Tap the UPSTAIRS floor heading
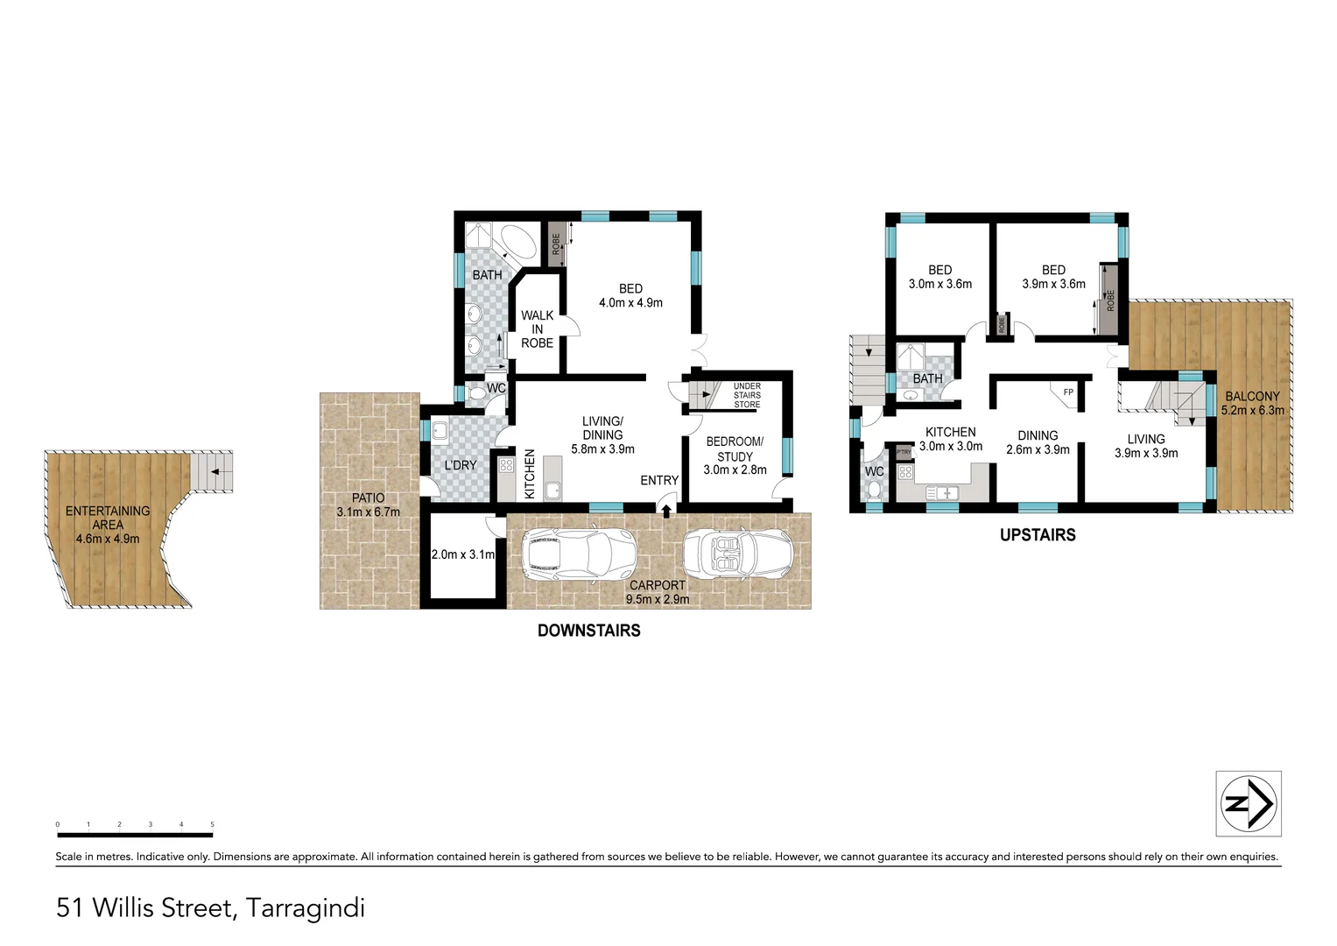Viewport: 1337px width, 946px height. click(1038, 534)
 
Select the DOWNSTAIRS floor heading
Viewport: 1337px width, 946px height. click(588, 630)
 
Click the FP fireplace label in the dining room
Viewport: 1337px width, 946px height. click(1068, 392)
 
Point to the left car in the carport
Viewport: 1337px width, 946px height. click(577, 554)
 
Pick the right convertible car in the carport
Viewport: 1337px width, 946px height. click(737, 554)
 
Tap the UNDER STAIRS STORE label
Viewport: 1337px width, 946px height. click(747, 395)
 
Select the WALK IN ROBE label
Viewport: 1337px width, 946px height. click(537, 329)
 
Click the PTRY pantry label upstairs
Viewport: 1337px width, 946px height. click(904, 452)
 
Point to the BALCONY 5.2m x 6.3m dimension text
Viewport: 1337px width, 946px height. click(1253, 410)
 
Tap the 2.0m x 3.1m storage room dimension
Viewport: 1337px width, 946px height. click(463, 554)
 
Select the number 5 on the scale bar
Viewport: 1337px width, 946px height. click(212, 824)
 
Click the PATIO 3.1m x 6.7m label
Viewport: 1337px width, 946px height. click(368, 505)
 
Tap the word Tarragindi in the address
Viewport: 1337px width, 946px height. click(305, 907)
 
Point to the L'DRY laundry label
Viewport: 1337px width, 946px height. click(460, 465)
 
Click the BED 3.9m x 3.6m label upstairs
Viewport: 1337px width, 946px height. click(1053, 277)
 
